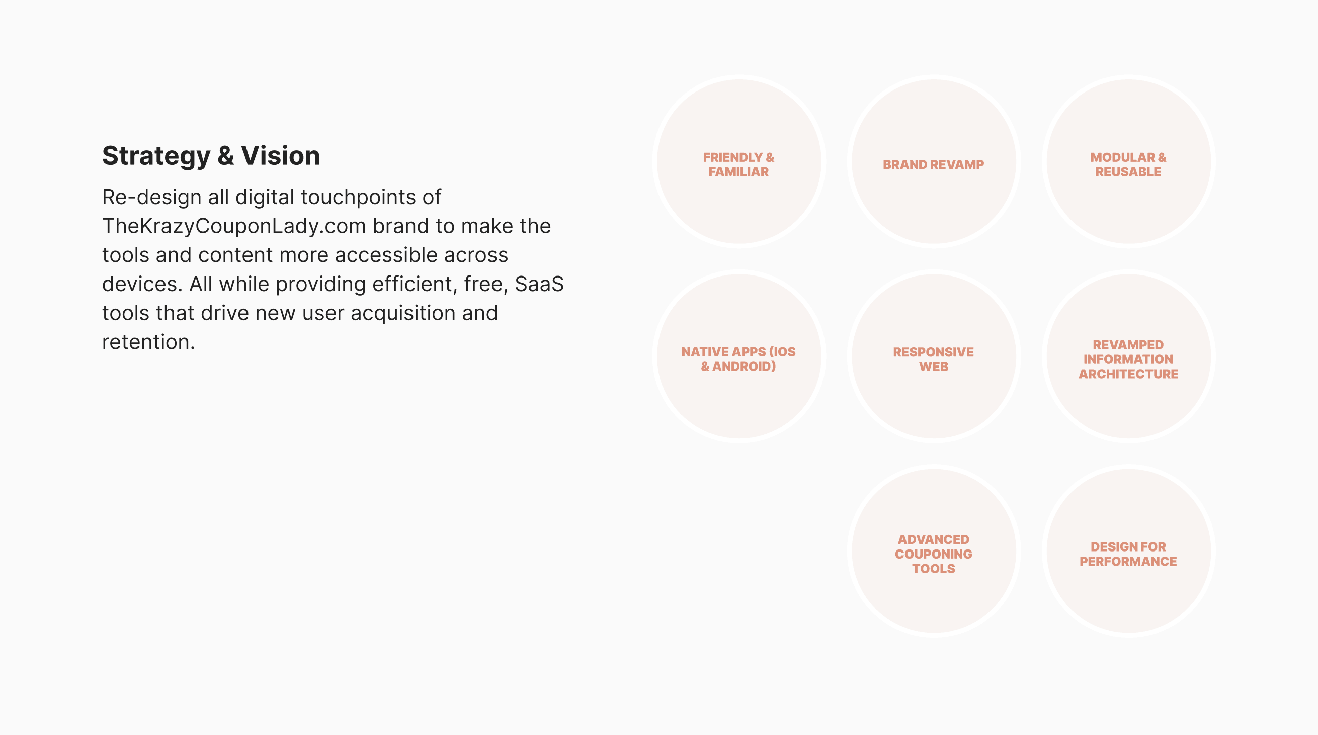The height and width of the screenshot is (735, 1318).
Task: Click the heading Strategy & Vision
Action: tap(211, 156)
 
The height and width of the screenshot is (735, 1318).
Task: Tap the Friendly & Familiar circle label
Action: tap(738, 165)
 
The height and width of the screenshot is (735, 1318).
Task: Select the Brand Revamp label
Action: tap(933, 165)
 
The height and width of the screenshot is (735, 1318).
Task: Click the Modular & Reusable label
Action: tap(1128, 165)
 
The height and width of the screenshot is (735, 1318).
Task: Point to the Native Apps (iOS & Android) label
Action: tap(738, 359)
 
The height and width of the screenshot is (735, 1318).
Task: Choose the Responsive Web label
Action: tap(933, 359)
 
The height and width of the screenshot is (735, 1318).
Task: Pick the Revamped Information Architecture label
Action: tap(1128, 359)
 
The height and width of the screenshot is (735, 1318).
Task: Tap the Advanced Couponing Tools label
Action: tap(933, 554)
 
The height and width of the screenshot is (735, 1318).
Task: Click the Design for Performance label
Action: tap(1128, 554)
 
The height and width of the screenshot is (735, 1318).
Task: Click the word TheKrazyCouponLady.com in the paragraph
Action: tap(234, 227)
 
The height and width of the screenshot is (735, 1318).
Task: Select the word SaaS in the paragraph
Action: tap(539, 284)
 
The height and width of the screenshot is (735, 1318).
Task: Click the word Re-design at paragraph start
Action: tap(151, 198)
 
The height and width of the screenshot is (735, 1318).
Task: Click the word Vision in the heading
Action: tap(280, 156)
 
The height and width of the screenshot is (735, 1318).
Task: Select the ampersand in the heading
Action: tap(226, 156)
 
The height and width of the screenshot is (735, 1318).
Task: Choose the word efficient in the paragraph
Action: tap(415, 284)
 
